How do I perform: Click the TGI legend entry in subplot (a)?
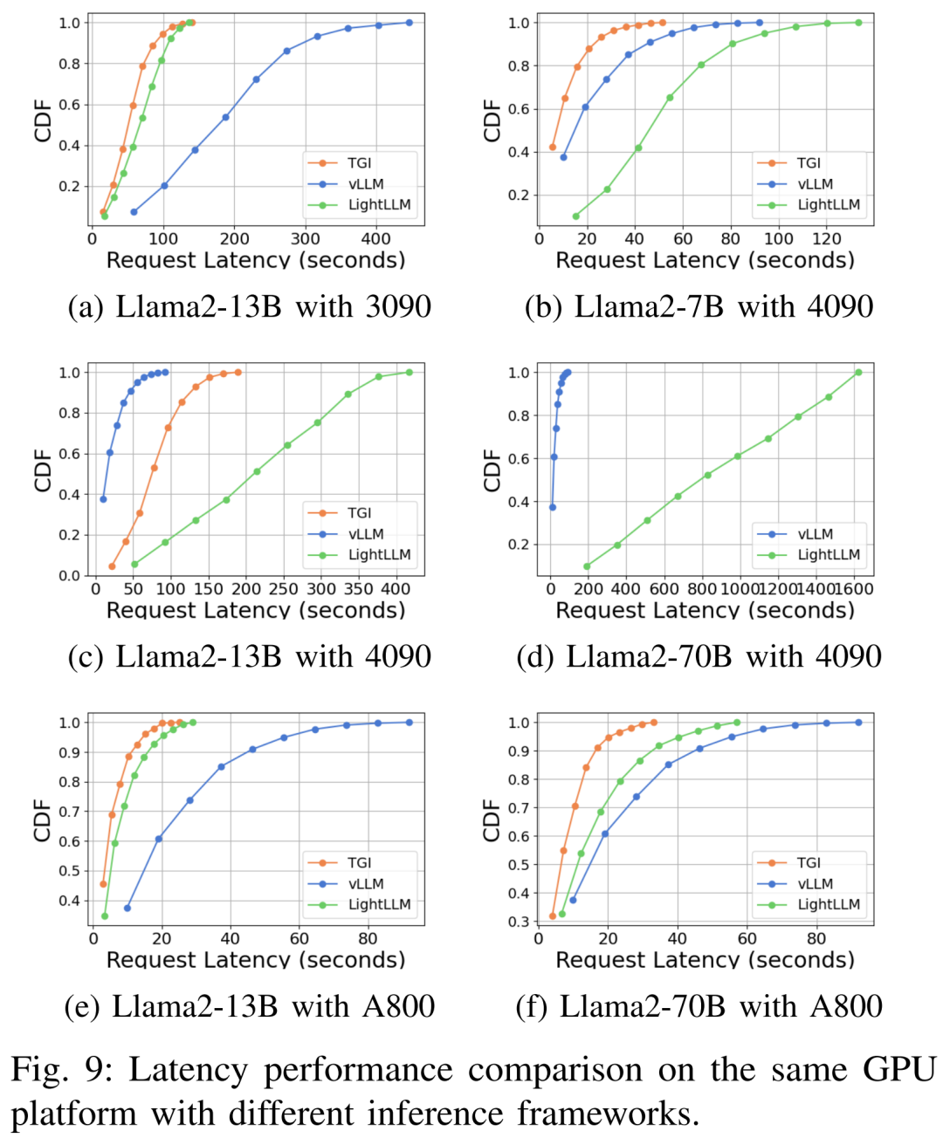coord(359,163)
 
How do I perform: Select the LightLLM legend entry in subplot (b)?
coord(828,205)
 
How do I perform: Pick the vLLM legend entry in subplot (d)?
coord(815,534)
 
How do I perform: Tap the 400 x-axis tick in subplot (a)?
coord(376,238)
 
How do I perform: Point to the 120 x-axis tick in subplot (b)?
coord(826,238)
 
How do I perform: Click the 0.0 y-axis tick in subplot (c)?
coord(69,576)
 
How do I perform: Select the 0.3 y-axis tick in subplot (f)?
coord(519,922)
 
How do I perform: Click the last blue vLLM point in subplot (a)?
coord(410,23)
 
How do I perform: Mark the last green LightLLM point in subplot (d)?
coord(858,373)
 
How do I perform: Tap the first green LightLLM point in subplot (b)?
coord(575,216)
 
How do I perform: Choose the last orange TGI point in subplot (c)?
coord(237,373)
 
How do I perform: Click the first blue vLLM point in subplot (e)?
coord(127,908)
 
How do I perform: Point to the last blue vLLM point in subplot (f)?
coord(858,723)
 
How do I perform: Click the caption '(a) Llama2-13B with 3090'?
coord(250,307)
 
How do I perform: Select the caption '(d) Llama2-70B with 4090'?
coord(699,657)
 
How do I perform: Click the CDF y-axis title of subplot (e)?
coord(42,820)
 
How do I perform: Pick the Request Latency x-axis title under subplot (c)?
coord(256,610)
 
